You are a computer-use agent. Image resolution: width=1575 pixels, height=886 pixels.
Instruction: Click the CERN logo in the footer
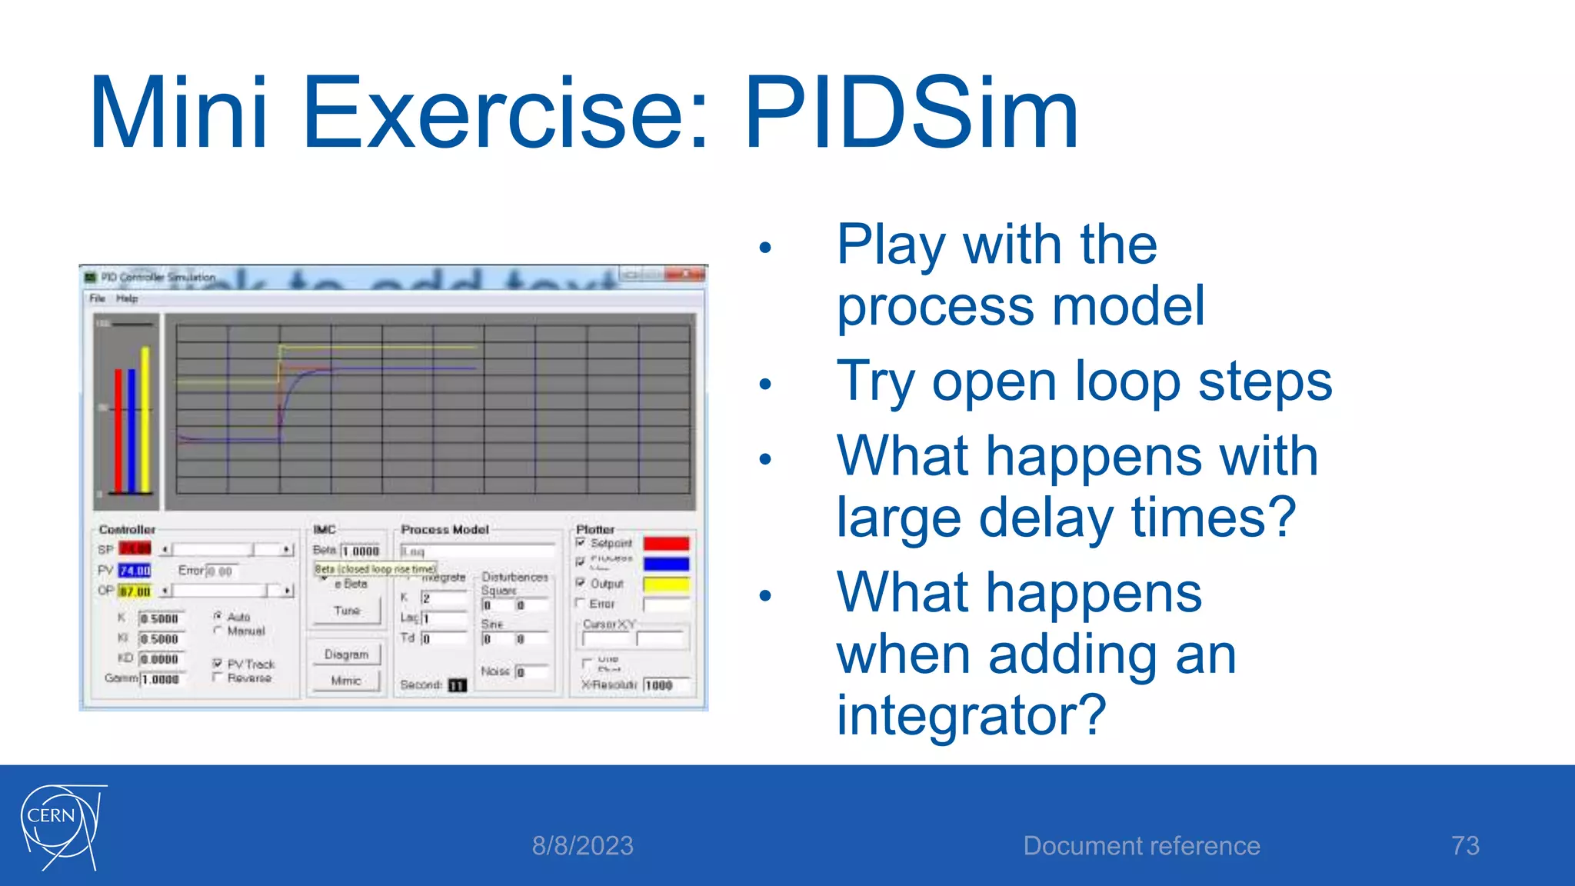pyautogui.click(x=62, y=828)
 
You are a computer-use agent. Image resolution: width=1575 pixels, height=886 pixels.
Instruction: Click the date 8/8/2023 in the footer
pyautogui.click(x=582, y=846)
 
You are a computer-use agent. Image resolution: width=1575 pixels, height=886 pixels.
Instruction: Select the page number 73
pyautogui.click(x=1465, y=846)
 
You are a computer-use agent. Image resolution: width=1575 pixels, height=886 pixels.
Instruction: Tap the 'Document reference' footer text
pyautogui.click(x=1141, y=846)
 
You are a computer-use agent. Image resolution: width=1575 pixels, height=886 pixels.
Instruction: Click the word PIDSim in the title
pyautogui.click(x=911, y=113)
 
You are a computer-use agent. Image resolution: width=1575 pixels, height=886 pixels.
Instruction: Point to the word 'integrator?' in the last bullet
pyautogui.click(x=971, y=715)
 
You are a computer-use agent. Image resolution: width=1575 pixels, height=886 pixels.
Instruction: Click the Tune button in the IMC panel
pyautogui.click(x=347, y=611)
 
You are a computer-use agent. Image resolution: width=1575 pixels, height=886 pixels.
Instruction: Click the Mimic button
pyautogui.click(x=345, y=681)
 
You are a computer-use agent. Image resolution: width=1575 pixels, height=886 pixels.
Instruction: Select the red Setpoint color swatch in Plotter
pyautogui.click(x=666, y=544)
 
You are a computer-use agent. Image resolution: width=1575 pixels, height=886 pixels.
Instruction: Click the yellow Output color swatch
pyautogui.click(x=666, y=585)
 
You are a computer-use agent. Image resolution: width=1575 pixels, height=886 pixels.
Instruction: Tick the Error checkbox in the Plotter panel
pyautogui.click(x=581, y=603)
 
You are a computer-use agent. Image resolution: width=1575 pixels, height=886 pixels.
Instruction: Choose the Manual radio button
pyautogui.click(x=218, y=631)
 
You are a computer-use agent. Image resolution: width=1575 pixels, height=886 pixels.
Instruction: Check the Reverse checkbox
pyautogui.click(x=218, y=678)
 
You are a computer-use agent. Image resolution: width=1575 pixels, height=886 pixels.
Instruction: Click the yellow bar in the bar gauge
pyautogui.click(x=145, y=420)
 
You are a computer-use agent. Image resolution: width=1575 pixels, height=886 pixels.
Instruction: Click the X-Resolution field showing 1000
pyautogui.click(x=666, y=684)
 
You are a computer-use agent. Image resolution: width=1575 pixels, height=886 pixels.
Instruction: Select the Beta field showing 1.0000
pyautogui.click(x=361, y=551)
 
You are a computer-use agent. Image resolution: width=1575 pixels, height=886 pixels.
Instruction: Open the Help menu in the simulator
pyautogui.click(x=127, y=298)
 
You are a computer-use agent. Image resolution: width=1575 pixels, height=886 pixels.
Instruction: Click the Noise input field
pyautogui.click(x=532, y=671)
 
